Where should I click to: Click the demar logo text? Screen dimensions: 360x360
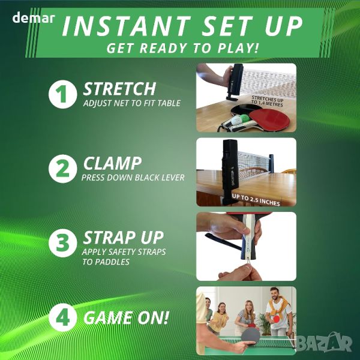pos(34,18)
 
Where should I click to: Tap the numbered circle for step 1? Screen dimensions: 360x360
pos(62,94)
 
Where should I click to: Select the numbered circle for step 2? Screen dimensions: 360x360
pos(62,169)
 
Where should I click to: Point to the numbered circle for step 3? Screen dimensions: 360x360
pos(62,243)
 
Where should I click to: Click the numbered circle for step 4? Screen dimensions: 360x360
pos(62,317)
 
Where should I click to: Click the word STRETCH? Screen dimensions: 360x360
pos(119,89)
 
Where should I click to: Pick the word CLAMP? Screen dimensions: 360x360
pos(112,163)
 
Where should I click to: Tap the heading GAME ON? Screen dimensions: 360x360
pos(126,318)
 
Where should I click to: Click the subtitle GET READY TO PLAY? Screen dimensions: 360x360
pos(182,48)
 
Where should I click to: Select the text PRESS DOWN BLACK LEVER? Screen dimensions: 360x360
pos(133,178)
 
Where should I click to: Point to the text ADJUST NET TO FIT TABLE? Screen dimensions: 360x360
pos(132,103)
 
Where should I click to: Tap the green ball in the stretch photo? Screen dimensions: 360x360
pos(245,118)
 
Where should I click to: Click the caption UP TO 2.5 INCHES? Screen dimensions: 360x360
pos(256,200)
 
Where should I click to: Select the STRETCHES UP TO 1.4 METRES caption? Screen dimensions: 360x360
pos(267,101)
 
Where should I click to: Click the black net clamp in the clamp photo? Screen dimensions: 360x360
pos(231,171)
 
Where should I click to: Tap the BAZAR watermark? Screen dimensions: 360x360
pos(324,343)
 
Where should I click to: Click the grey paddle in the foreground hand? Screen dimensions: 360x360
pos(250,336)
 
